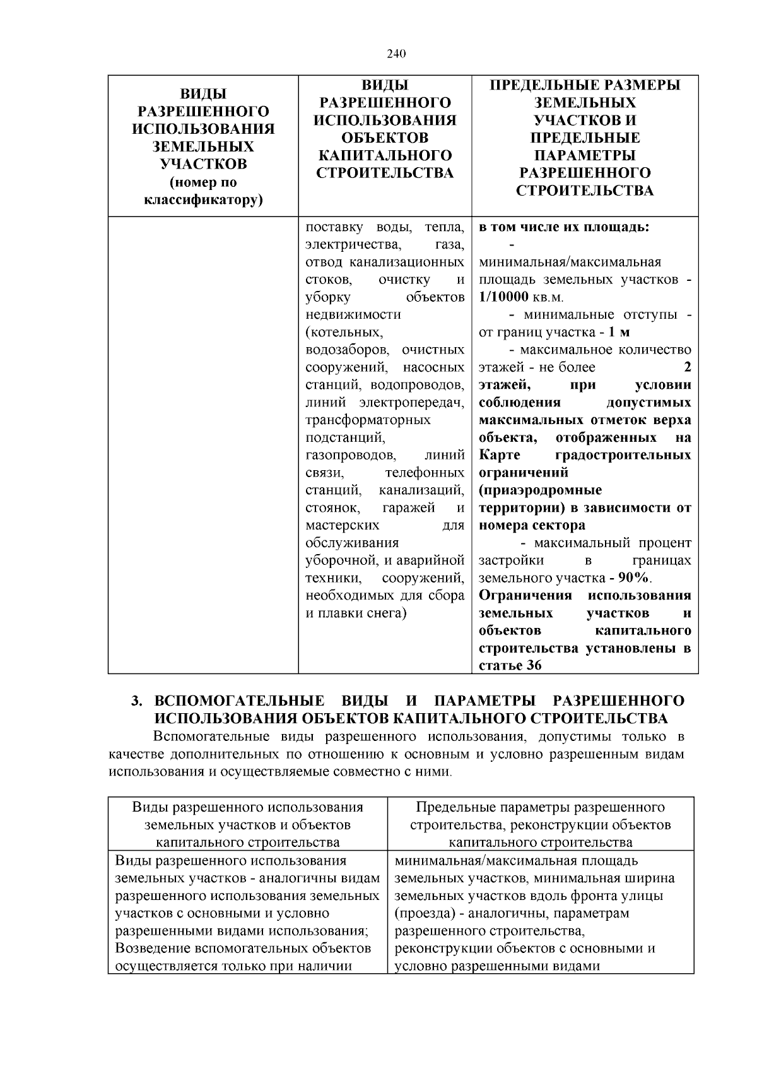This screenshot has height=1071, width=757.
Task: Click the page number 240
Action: (396, 53)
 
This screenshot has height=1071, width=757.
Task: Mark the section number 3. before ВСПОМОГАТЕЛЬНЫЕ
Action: (137, 702)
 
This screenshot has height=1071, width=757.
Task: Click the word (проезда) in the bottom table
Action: (428, 913)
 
